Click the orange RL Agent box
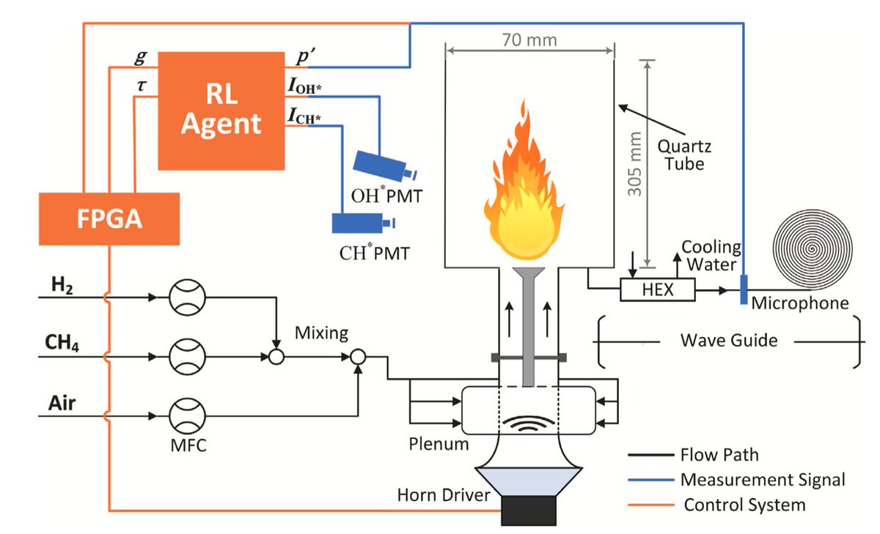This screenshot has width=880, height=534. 222,110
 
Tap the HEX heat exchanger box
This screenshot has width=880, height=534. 656,290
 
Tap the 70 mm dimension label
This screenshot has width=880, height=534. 529,40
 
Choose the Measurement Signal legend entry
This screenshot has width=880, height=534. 763,481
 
